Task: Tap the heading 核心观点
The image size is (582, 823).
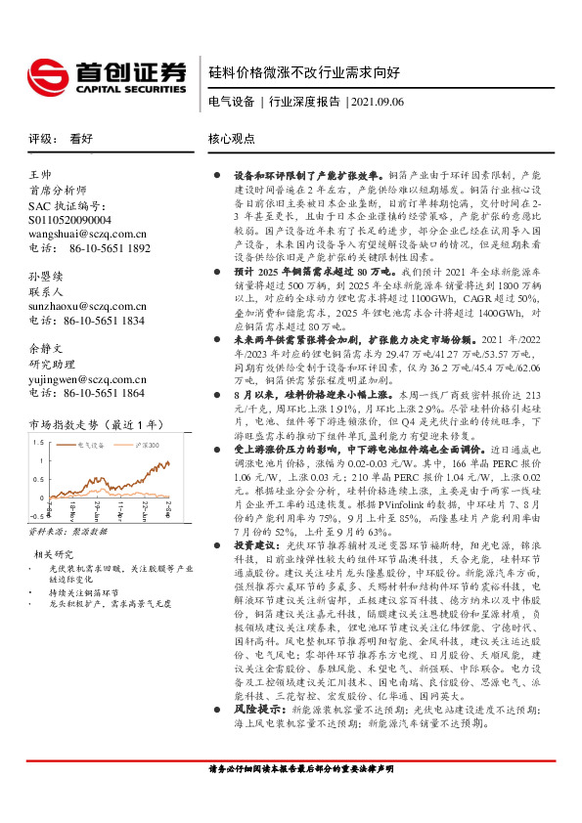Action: point(232,139)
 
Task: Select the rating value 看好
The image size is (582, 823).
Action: point(81,139)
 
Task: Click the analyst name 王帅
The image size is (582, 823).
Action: point(40,173)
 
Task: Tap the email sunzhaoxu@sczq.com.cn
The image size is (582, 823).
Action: point(87,305)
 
